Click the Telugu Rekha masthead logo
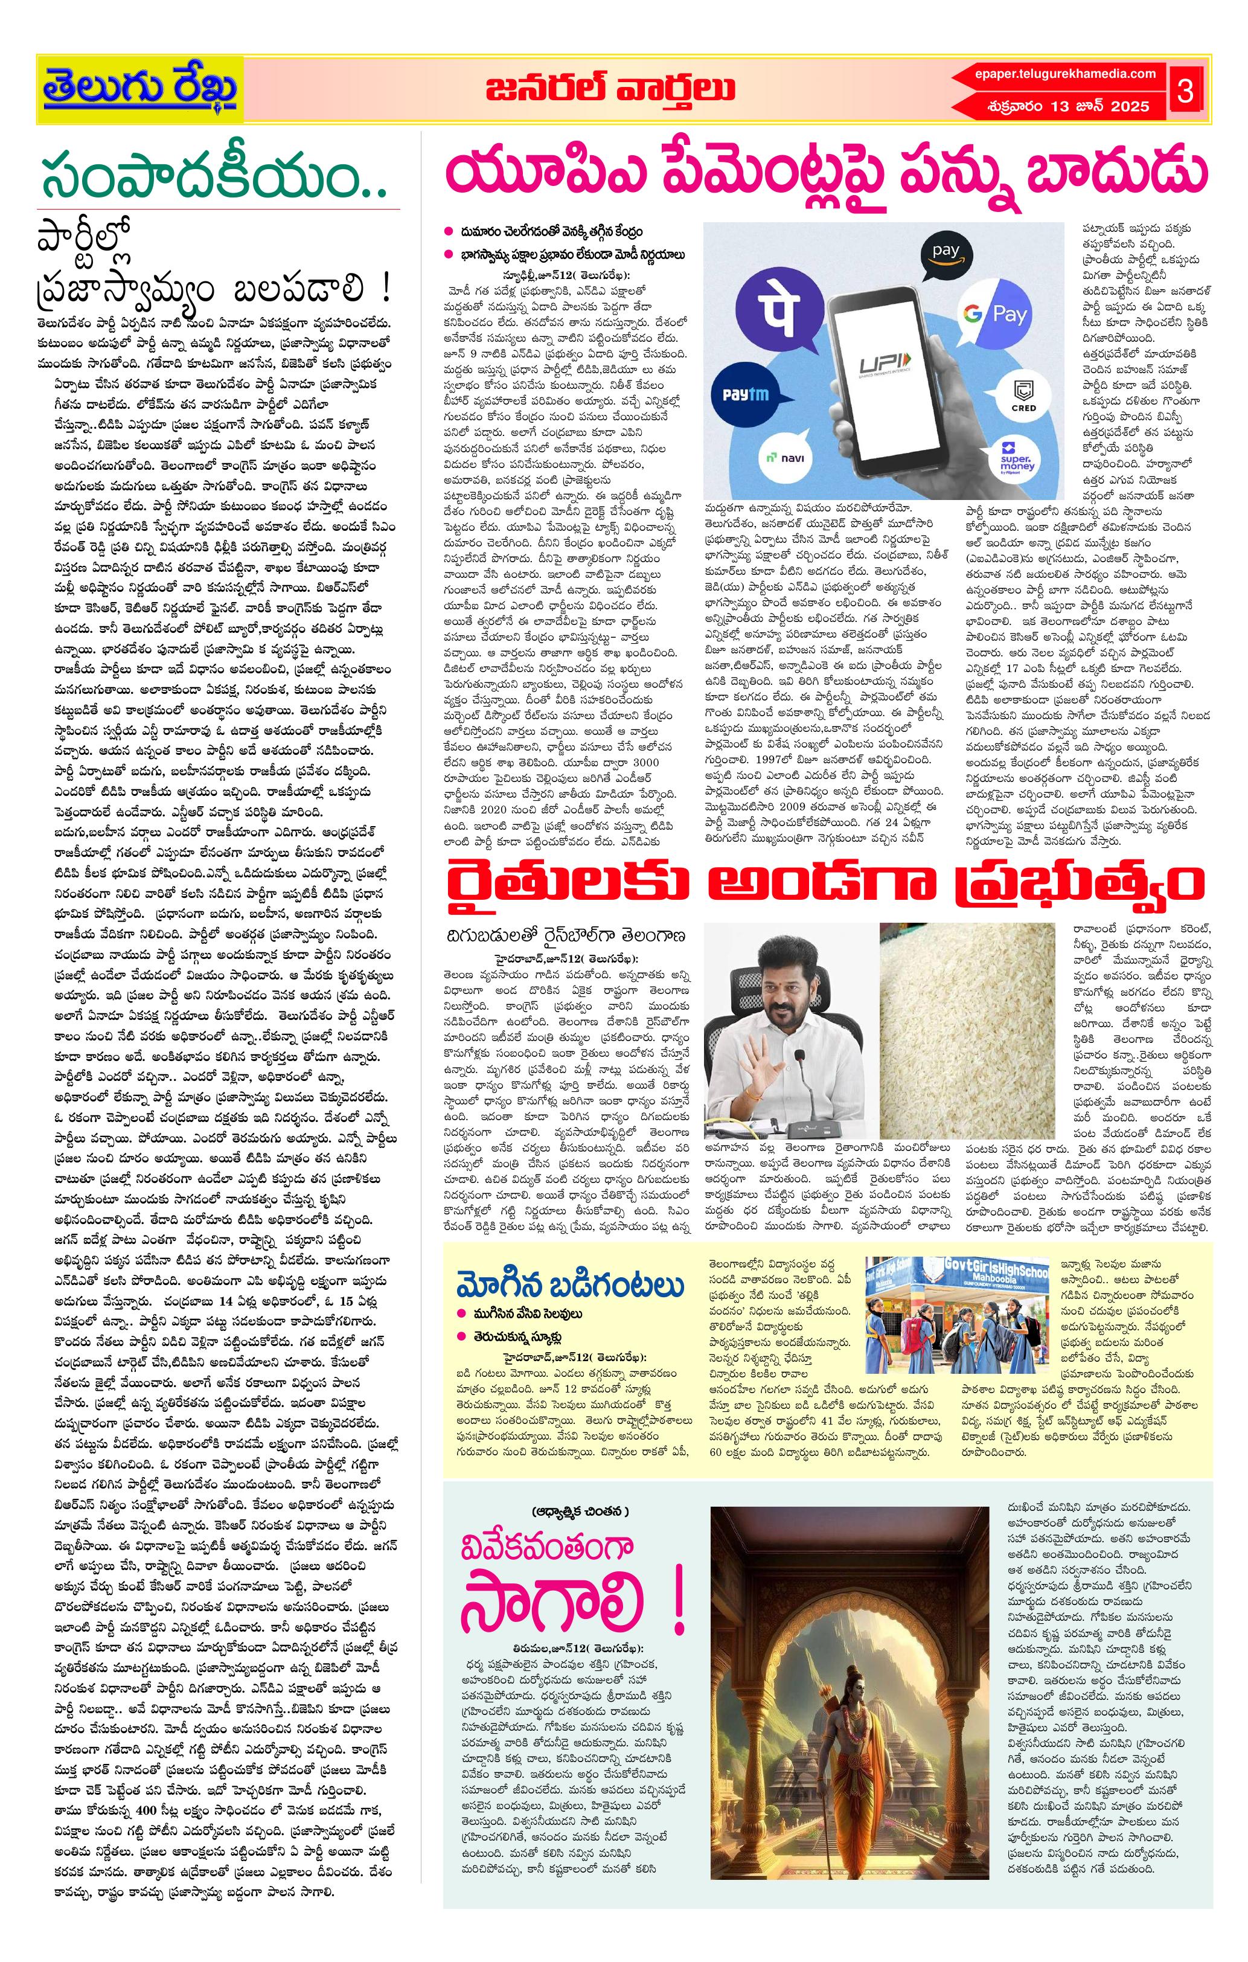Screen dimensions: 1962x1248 pyautogui.click(x=139, y=89)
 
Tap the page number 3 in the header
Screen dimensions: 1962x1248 pyautogui.click(x=1185, y=91)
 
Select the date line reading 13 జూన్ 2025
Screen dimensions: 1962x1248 pyautogui.click(x=1067, y=107)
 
